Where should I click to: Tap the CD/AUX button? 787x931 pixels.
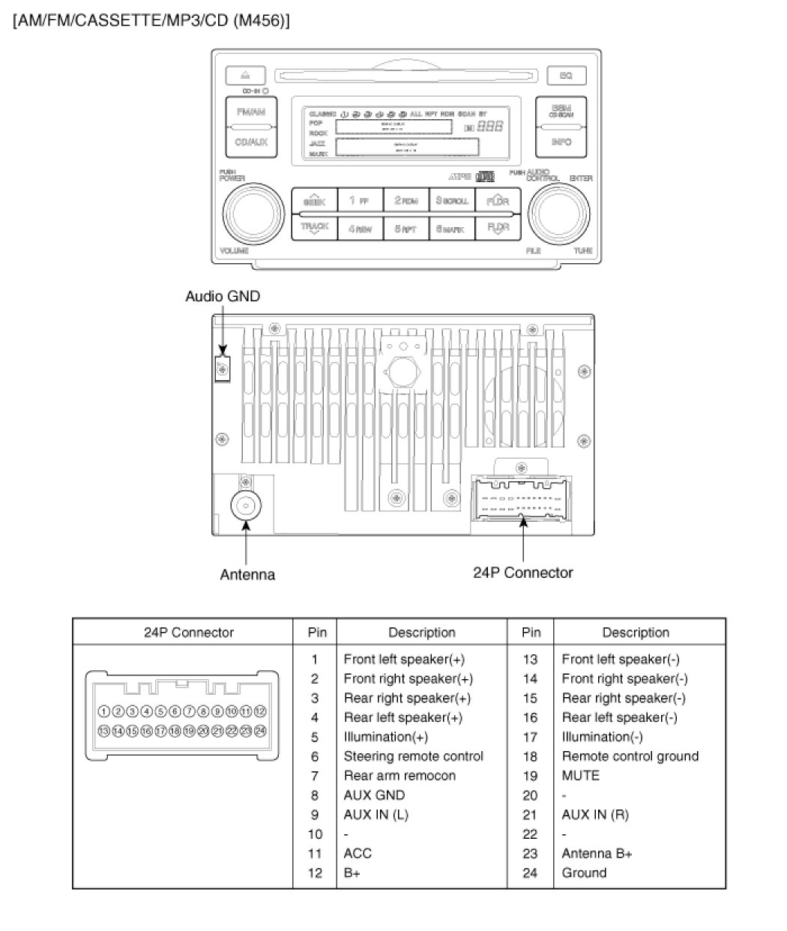tap(251, 142)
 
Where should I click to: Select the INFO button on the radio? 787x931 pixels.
tap(561, 142)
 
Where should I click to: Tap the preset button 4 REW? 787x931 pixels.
tap(360, 229)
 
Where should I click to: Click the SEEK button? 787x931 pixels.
tap(313, 201)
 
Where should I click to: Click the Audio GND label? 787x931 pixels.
tap(223, 297)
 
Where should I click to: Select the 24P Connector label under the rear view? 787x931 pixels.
tap(522, 573)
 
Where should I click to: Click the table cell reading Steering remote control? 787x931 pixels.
tap(413, 756)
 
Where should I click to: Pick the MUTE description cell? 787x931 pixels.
tap(581, 776)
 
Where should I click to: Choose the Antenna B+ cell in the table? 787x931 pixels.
tap(597, 853)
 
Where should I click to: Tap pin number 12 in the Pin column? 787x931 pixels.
tap(316, 873)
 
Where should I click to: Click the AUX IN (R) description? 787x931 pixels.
tap(595, 815)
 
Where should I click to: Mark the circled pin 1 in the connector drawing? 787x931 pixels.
tap(104, 711)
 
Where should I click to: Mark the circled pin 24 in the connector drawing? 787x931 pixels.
tap(260, 730)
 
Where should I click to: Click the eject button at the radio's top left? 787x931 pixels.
tap(244, 75)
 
